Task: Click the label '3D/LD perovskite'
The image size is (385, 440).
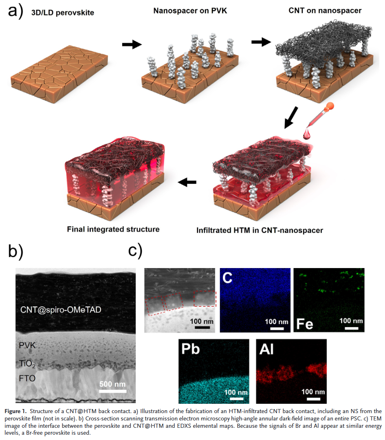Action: click(63, 13)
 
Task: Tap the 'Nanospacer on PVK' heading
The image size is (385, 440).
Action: click(190, 11)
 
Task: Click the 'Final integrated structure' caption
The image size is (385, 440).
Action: click(113, 229)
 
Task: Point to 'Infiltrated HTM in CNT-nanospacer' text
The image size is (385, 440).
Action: click(260, 230)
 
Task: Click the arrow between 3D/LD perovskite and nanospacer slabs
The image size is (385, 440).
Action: click(132, 44)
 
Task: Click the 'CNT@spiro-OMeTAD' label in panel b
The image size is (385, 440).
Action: click(61, 310)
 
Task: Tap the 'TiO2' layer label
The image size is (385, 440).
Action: click(29, 363)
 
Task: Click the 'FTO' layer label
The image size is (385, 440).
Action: click(27, 378)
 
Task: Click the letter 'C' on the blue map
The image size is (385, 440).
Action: click(229, 279)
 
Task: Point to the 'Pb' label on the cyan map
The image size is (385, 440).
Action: click(189, 350)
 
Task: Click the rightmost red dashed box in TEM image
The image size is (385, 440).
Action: click(205, 299)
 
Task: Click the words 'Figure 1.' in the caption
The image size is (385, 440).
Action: click(15, 411)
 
